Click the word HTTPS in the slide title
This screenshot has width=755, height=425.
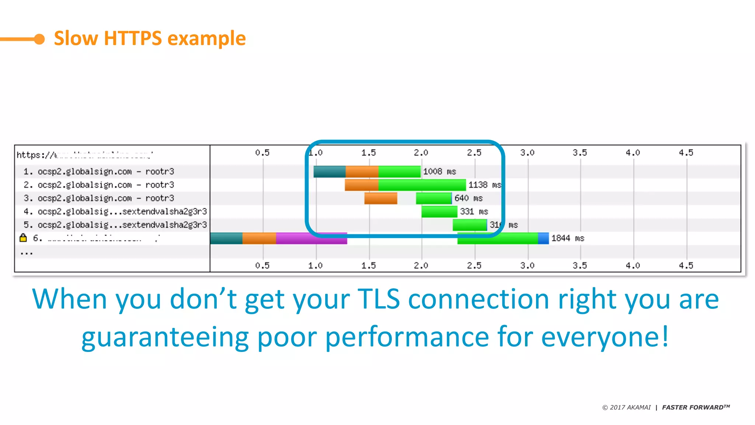(x=133, y=38)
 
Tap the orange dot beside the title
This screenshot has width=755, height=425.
(x=39, y=39)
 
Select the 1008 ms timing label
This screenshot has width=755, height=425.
(x=439, y=172)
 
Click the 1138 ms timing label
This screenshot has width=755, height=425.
(x=484, y=185)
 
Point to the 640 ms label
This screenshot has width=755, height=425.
(x=468, y=198)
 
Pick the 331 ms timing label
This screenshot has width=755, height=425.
(x=474, y=211)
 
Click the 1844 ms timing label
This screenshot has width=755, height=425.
(x=567, y=238)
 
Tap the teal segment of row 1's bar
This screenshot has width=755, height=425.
(x=329, y=172)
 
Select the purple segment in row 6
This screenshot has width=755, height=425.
(x=311, y=238)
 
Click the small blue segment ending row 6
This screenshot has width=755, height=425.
(x=543, y=238)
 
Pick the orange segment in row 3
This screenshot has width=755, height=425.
(x=380, y=198)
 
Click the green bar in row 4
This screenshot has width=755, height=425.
(x=439, y=211)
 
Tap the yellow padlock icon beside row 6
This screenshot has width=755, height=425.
(x=23, y=238)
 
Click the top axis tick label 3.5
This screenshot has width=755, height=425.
(x=580, y=153)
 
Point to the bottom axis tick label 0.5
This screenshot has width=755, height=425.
(x=262, y=266)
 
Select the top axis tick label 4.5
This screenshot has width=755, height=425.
(x=686, y=153)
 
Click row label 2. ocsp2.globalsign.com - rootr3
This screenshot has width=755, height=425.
(x=99, y=185)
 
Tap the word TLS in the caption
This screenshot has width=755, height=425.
(x=379, y=299)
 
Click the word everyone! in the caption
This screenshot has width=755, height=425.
(x=605, y=337)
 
